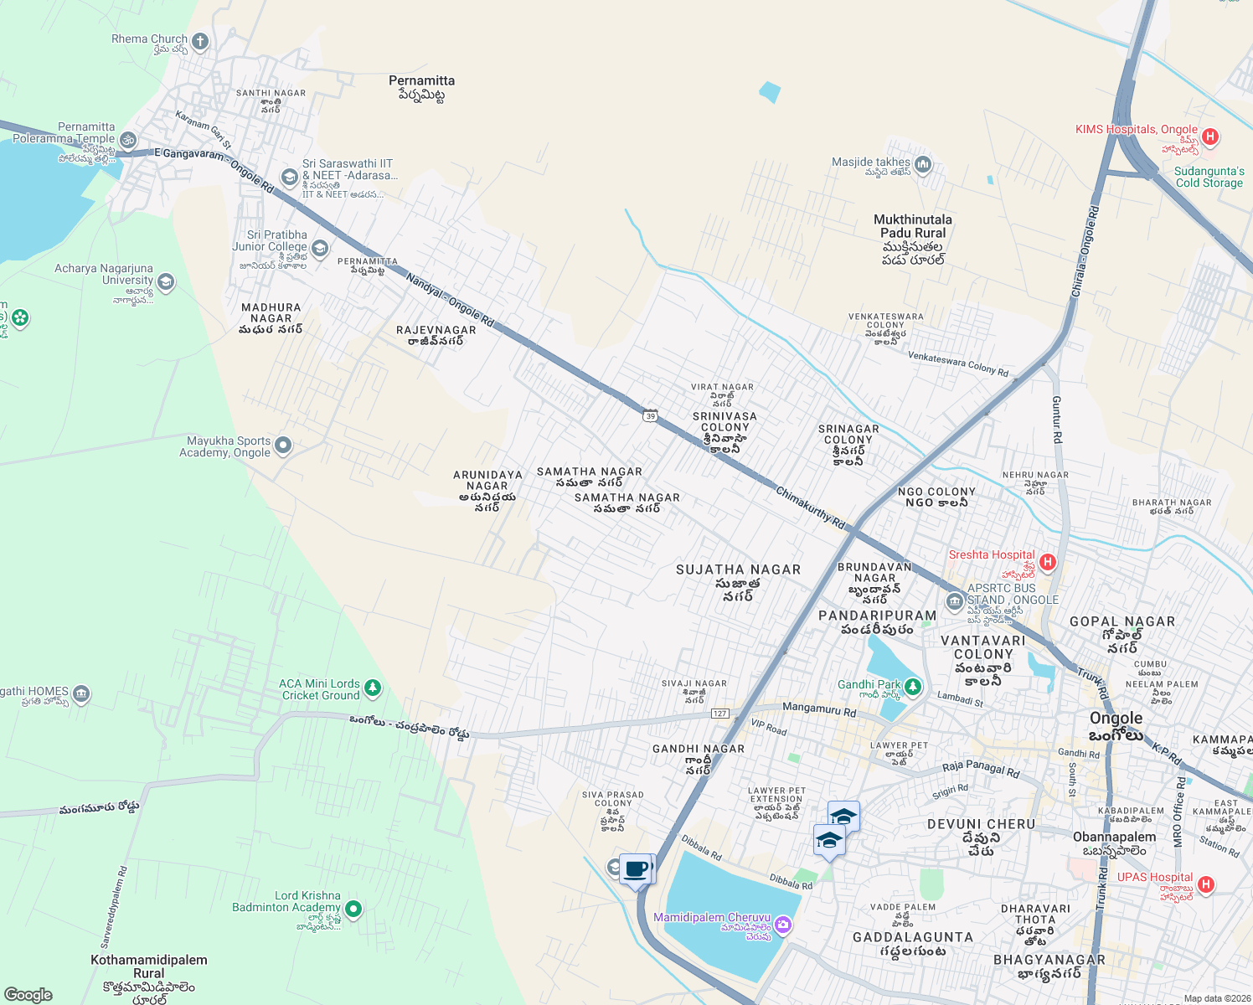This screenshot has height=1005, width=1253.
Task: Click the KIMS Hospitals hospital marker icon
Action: click(1209, 136)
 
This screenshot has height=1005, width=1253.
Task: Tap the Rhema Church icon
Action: click(199, 40)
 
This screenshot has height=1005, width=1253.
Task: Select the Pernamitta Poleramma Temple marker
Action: click(128, 140)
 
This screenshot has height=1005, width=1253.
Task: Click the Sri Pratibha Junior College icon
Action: click(319, 248)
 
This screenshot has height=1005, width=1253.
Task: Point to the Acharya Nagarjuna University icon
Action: click(166, 281)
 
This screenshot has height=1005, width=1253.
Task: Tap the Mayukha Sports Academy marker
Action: click(283, 446)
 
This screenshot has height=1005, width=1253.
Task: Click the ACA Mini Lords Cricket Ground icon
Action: click(373, 688)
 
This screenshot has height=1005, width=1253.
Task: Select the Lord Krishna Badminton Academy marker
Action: click(353, 909)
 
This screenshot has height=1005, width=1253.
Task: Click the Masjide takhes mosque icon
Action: click(922, 163)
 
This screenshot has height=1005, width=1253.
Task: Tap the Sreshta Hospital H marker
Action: click(1047, 562)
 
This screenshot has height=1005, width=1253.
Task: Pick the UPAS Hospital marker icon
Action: click(1205, 884)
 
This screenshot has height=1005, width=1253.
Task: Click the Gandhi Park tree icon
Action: click(913, 687)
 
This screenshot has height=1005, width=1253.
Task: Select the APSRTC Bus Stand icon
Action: click(954, 601)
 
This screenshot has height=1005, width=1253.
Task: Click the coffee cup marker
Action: click(637, 868)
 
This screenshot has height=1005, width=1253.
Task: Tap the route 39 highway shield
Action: click(651, 415)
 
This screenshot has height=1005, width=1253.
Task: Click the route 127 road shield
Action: click(719, 713)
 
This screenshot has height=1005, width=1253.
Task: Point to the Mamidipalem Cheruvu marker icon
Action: click(783, 925)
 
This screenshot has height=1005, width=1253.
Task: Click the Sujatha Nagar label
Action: click(738, 569)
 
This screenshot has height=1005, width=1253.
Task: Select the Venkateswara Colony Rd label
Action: click(958, 363)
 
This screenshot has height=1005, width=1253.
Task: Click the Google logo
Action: click(28, 995)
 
